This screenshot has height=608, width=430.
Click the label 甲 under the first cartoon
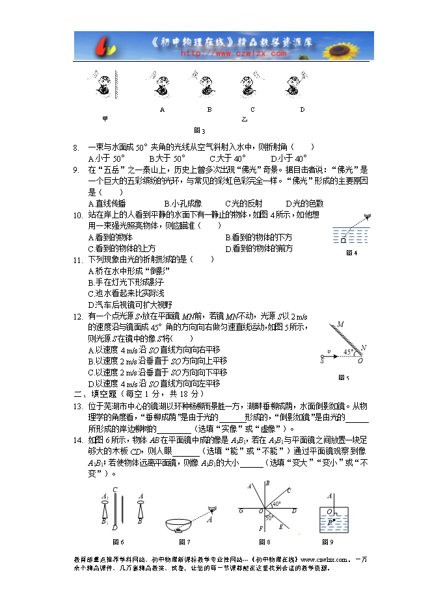tap(105, 119)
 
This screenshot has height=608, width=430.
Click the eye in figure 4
tap(368, 217)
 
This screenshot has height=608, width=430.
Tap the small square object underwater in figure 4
tap(343, 241)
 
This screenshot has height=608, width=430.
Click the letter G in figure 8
tap(242, 511)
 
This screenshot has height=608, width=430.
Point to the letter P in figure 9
tap(330, 520)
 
